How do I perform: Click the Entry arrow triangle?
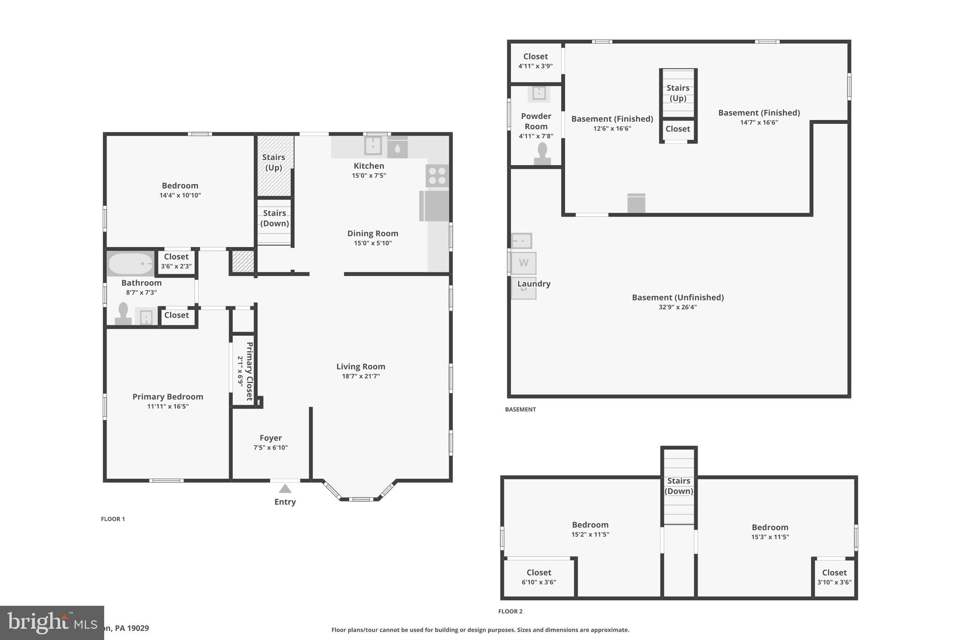[285, 489]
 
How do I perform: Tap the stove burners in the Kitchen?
[437, 176]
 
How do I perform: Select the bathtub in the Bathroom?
[130, 264]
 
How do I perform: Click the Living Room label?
[360, 367]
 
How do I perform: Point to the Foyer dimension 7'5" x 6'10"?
[270, 448]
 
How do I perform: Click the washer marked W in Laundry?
[523, 263]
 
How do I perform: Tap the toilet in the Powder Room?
[542, 154]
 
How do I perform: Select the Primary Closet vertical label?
[250, 370]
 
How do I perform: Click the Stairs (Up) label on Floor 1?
[274, 162]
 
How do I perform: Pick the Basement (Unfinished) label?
[678, 297]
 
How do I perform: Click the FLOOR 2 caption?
[510, 611]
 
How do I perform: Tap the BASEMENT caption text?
[520, 409]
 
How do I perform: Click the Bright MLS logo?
[52, 623]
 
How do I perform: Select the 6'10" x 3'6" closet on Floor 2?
[539, 577]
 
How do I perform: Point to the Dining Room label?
[373, 233]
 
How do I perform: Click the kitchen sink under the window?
[373, 146]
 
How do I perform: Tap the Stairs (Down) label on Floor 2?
[679, 486]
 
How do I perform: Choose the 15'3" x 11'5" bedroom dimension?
[770, 537]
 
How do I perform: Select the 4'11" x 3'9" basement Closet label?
[535, 61]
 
